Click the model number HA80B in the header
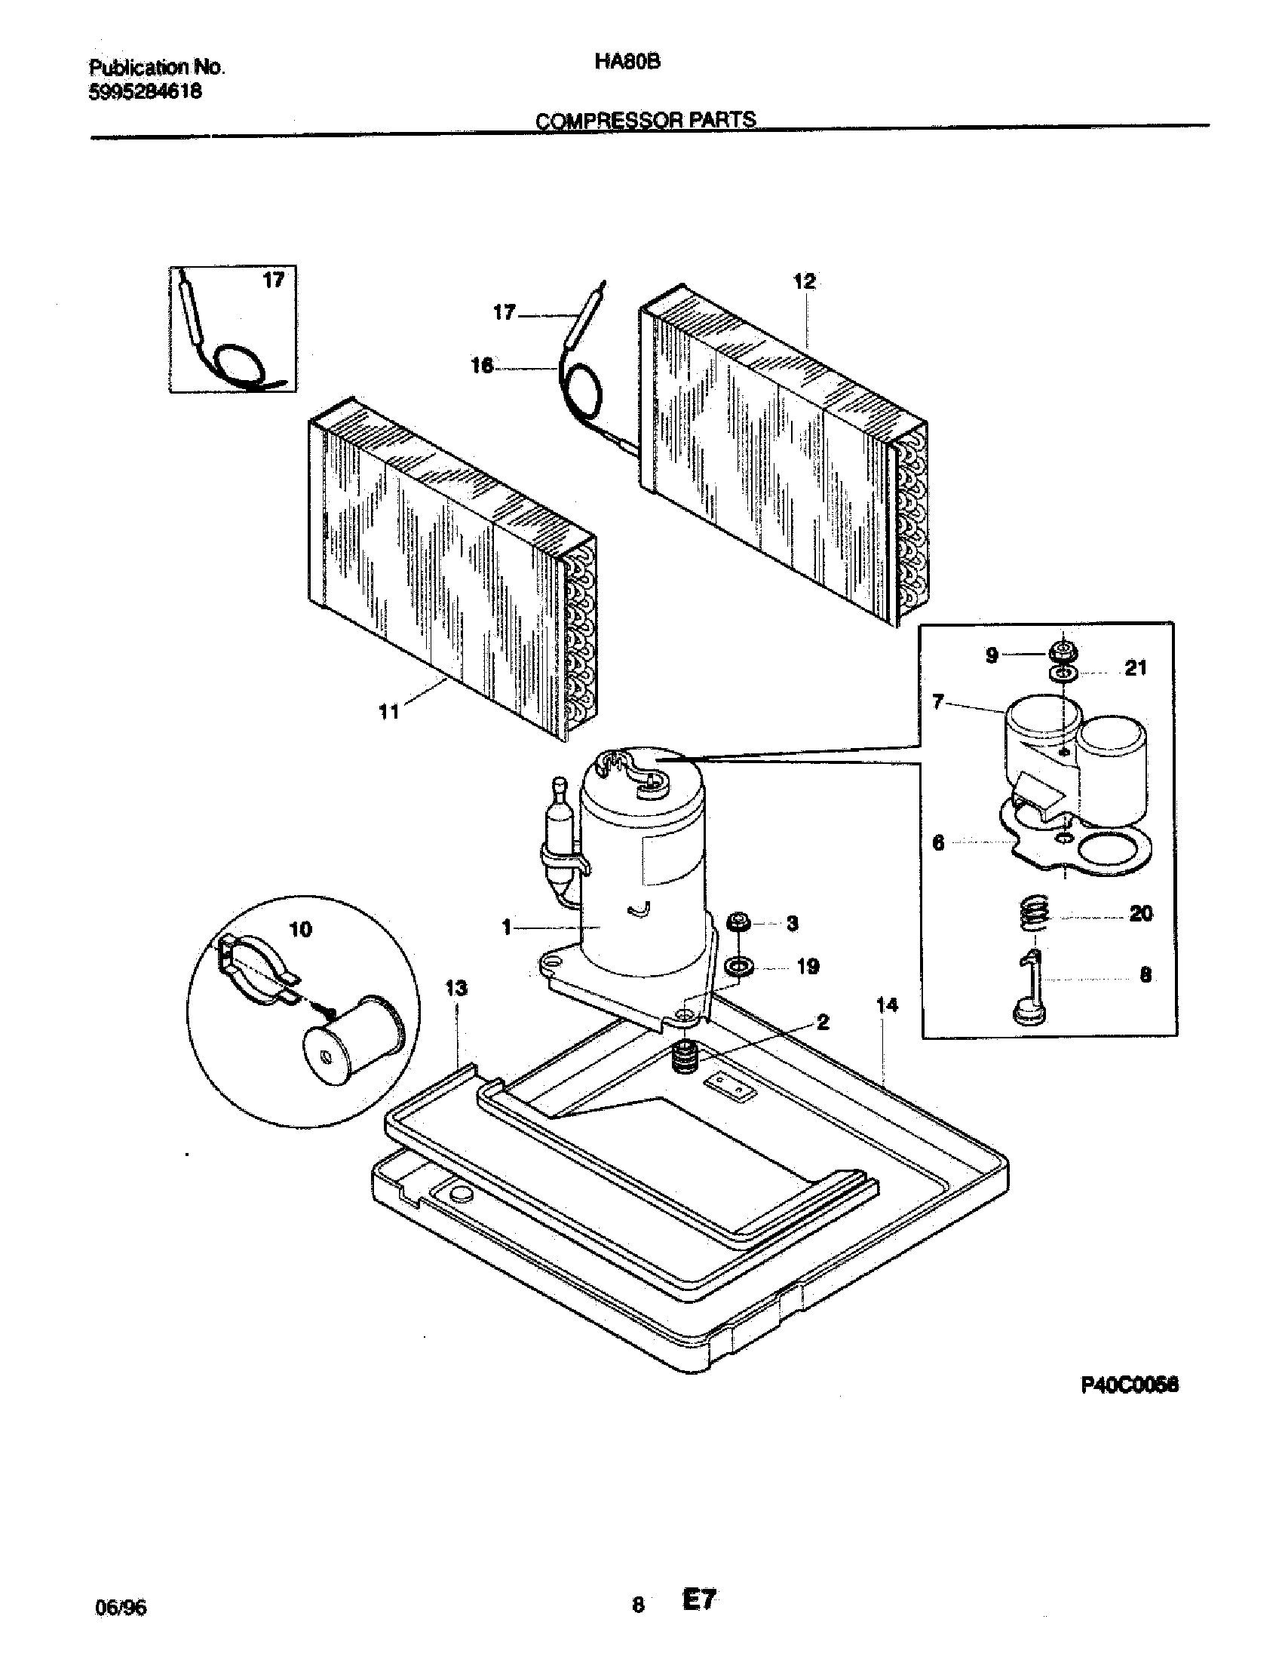(627, 63)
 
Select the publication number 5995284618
(145, 92)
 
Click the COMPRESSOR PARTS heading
(646, 120)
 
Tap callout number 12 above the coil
(804, 281)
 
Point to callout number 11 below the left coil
(389, 712)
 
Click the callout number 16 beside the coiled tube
(482, 367)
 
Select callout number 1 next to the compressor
(506, 927)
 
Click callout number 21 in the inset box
(1135, 668)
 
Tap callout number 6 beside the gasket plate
(938, 843)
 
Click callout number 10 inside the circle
(301, 929)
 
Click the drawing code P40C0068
(1130, 1385)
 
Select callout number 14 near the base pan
(886, 1005)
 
